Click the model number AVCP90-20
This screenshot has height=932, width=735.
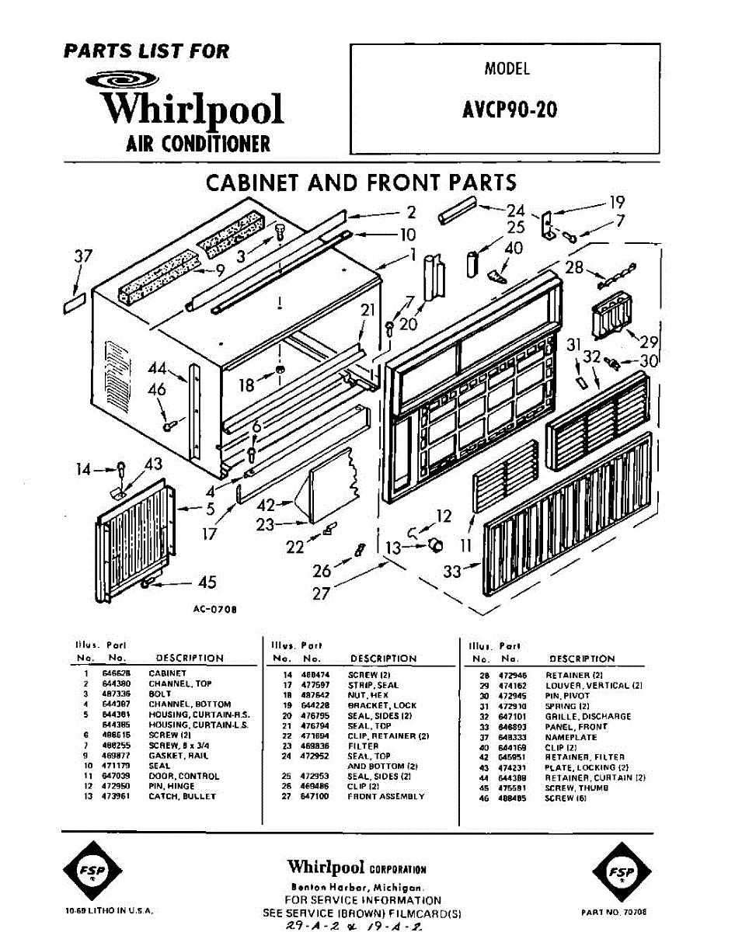click(x=509, y=109)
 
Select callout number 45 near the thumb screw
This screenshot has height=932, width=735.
click(x=207, y=582)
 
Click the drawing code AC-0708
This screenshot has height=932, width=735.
click(x=214, y=610)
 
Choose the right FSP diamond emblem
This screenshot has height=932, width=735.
click(x=620, y=870)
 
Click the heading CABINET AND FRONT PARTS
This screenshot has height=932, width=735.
click(x=361, y=183)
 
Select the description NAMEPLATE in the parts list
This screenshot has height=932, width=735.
click(x=571, y=737)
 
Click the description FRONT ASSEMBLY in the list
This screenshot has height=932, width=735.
click(x=385, y=796)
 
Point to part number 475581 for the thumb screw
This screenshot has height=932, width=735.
click(x=512, y=788)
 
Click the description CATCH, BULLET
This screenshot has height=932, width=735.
click(x=182, y=796)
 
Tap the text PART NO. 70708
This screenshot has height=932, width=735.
click(x=614, y=913)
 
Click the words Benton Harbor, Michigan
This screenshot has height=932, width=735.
click(x=357, y=887)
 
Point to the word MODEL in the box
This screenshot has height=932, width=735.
click(x=507, y=68)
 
